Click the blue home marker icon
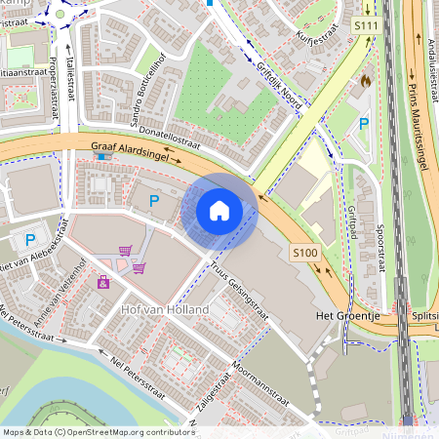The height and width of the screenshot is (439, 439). pyautogui.click(x=219, y=210)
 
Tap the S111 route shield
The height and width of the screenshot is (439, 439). pyautogui.click(x=367, y=23)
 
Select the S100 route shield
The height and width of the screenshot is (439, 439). pyautogui.click(x=305, y=252)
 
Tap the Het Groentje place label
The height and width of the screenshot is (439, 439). pyautogui.click(x=346, y=317)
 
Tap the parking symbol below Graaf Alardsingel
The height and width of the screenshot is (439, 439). pyautogui.click(x=153, y=200)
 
